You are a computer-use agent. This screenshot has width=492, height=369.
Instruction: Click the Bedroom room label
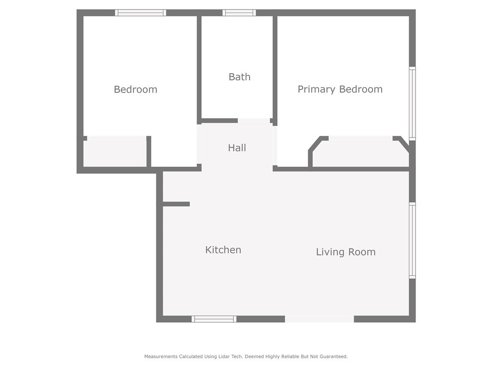point(135,89)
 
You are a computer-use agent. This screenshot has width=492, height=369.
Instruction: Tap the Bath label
point(239,77)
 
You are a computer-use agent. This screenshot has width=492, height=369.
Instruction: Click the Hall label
point(237,148)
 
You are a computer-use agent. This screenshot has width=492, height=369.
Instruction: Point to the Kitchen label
point(223,250)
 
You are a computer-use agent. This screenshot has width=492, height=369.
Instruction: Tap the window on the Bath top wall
point(239,13)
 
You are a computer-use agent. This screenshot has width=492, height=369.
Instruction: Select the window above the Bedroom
point(140,13)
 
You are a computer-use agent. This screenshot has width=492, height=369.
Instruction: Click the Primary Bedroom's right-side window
point(412,103)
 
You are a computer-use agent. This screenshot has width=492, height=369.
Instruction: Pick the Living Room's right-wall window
point(412,240)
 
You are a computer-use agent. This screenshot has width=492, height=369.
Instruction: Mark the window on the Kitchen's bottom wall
point(214,319)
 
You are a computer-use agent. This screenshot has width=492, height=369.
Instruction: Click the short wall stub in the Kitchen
point(176,204)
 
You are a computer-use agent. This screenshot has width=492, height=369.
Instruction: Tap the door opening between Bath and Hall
point(254,121)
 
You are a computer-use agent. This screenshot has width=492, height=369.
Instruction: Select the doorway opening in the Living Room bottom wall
point(320,319)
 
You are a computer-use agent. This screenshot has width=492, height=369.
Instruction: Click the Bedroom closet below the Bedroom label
point(115,154)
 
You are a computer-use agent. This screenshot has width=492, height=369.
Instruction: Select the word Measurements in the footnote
point(160,357)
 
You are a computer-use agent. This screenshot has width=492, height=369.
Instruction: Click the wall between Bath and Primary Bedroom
point(275,67)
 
